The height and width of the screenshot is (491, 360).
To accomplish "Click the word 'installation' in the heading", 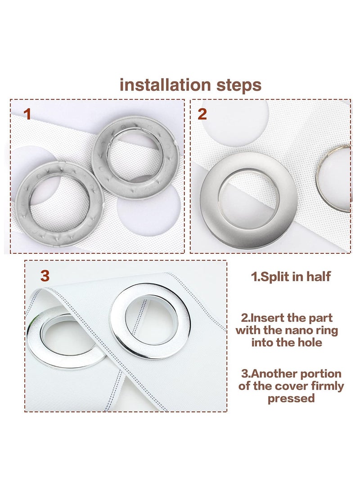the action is click(165, 85).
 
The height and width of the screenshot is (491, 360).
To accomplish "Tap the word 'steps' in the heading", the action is click(239, 86).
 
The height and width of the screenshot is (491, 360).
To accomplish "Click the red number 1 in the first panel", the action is click(28, 114).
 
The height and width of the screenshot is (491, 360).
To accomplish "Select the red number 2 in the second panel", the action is click(202, 114).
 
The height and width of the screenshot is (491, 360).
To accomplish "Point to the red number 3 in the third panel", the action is click(45, 276).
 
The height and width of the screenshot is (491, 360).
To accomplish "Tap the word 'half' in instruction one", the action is click(318, 276).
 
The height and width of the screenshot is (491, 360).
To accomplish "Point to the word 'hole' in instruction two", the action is click(310, 342).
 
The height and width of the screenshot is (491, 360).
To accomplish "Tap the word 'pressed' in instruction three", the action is click(291, 399).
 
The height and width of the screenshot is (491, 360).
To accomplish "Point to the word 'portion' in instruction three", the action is click(321, 374).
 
